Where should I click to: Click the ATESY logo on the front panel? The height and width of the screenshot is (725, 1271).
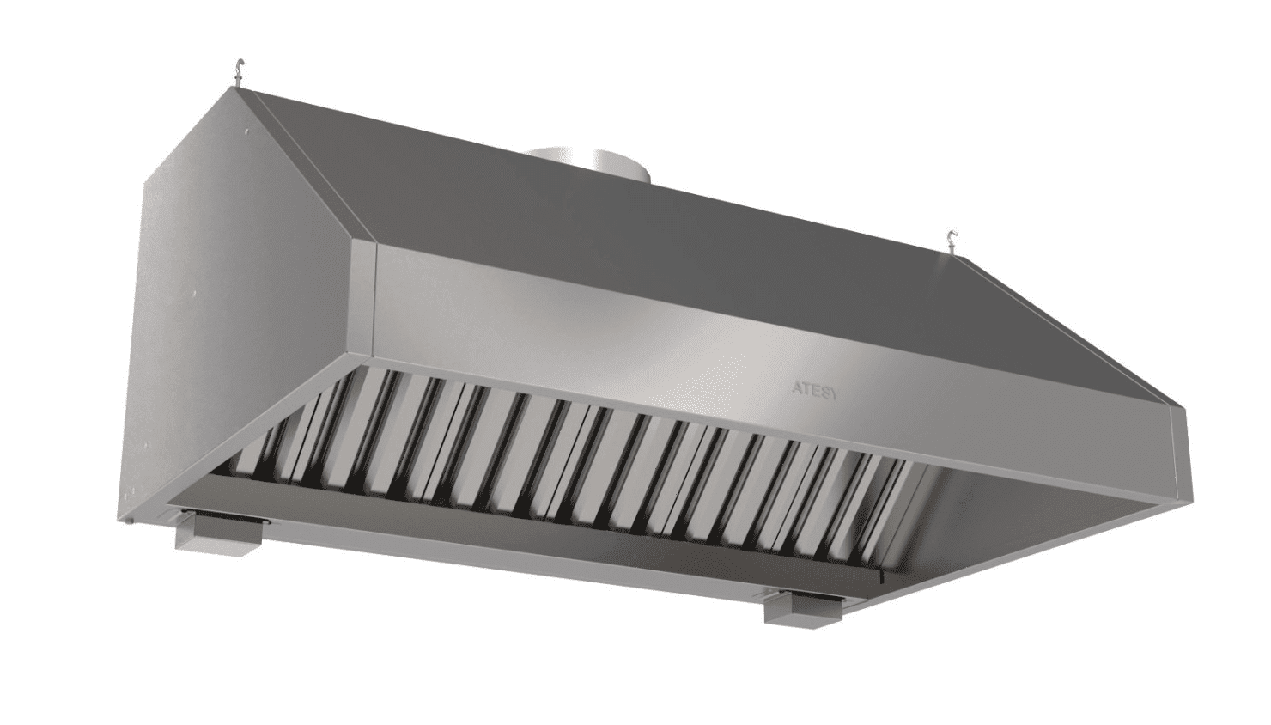click(x=814, y=391)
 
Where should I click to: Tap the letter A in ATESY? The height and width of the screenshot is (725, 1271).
click(x=797, y=389)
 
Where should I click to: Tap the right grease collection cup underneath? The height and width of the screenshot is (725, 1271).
click(x=801, y=609)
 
